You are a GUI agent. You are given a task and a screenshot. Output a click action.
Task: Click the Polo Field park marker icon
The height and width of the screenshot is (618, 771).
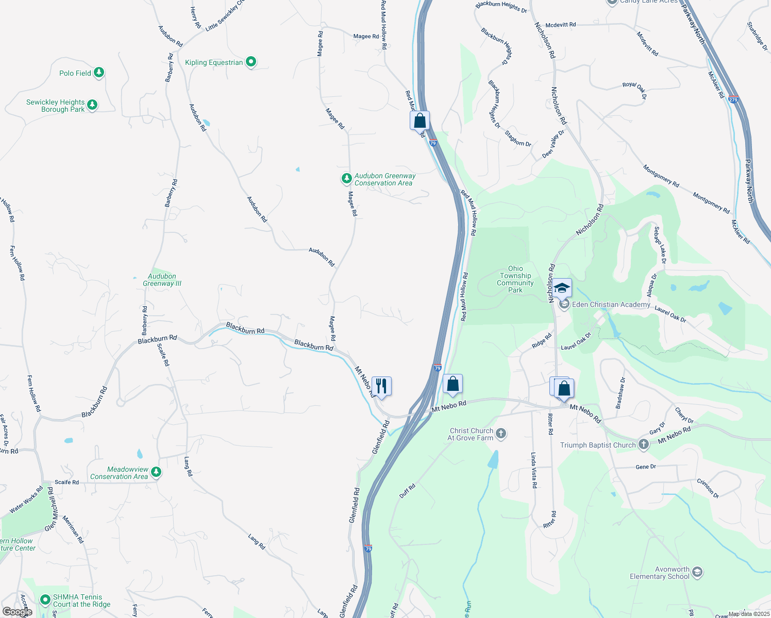[x=99, y=73]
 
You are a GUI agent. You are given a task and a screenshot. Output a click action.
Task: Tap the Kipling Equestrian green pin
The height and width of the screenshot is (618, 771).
[x=251, y=62]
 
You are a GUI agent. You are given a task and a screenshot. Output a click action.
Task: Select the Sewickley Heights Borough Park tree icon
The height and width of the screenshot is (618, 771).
[x=92, y=105]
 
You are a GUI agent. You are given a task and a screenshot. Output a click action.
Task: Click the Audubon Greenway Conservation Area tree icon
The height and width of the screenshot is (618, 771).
[x=346, y=179]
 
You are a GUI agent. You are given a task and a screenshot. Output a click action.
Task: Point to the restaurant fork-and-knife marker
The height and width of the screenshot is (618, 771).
[x=381, y=386]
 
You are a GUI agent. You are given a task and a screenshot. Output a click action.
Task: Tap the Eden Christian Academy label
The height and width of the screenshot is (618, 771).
[x=611, y=304]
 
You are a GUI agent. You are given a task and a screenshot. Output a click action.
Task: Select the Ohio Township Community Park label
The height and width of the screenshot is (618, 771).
[x=515, y=279]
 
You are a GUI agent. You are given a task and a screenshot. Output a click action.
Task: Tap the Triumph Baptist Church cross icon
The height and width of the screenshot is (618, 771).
[x=643, y=444]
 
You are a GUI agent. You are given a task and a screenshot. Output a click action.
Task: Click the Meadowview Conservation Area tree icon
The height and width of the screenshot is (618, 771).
[x=156, y=472]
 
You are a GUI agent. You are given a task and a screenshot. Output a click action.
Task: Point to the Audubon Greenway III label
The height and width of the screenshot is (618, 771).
[x=162, y=280]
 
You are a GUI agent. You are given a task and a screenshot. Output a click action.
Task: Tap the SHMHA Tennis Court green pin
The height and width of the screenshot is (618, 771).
[x=45, y=600]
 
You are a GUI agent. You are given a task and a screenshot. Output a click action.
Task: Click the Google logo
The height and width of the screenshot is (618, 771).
[x=17, y=612]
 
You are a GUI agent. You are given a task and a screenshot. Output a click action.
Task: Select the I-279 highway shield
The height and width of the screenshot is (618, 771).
[x=734, y=99]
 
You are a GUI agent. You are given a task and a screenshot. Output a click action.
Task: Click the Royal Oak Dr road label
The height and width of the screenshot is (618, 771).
[x=634, y=90]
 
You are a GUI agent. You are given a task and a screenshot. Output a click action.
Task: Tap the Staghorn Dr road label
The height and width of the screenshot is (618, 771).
[x=517, y=139]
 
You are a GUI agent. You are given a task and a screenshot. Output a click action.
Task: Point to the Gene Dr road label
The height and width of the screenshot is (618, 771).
[x=646, y=467]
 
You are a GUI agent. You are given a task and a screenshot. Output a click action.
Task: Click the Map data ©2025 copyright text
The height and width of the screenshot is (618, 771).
[x=748, y=614]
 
